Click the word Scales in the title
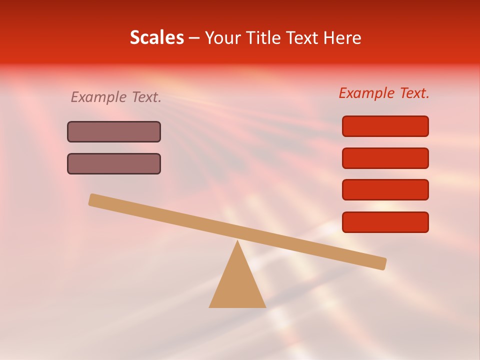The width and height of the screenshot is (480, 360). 156,37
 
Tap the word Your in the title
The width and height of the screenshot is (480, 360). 222,38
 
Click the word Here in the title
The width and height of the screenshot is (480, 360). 342,37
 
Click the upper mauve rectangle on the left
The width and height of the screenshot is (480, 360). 114,132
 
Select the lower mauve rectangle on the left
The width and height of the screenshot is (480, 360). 114,164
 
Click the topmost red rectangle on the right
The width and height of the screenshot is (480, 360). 385,126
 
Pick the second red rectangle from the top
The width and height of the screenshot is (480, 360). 385,158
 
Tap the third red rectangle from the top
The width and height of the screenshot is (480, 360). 385,190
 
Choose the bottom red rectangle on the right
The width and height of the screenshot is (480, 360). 385,222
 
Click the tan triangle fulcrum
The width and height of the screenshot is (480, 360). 237,285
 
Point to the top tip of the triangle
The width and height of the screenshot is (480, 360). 237,242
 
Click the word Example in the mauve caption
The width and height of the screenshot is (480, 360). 99,97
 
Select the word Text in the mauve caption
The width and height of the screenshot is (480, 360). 146,97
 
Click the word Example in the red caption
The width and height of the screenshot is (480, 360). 367,93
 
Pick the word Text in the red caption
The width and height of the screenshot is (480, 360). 414,93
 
